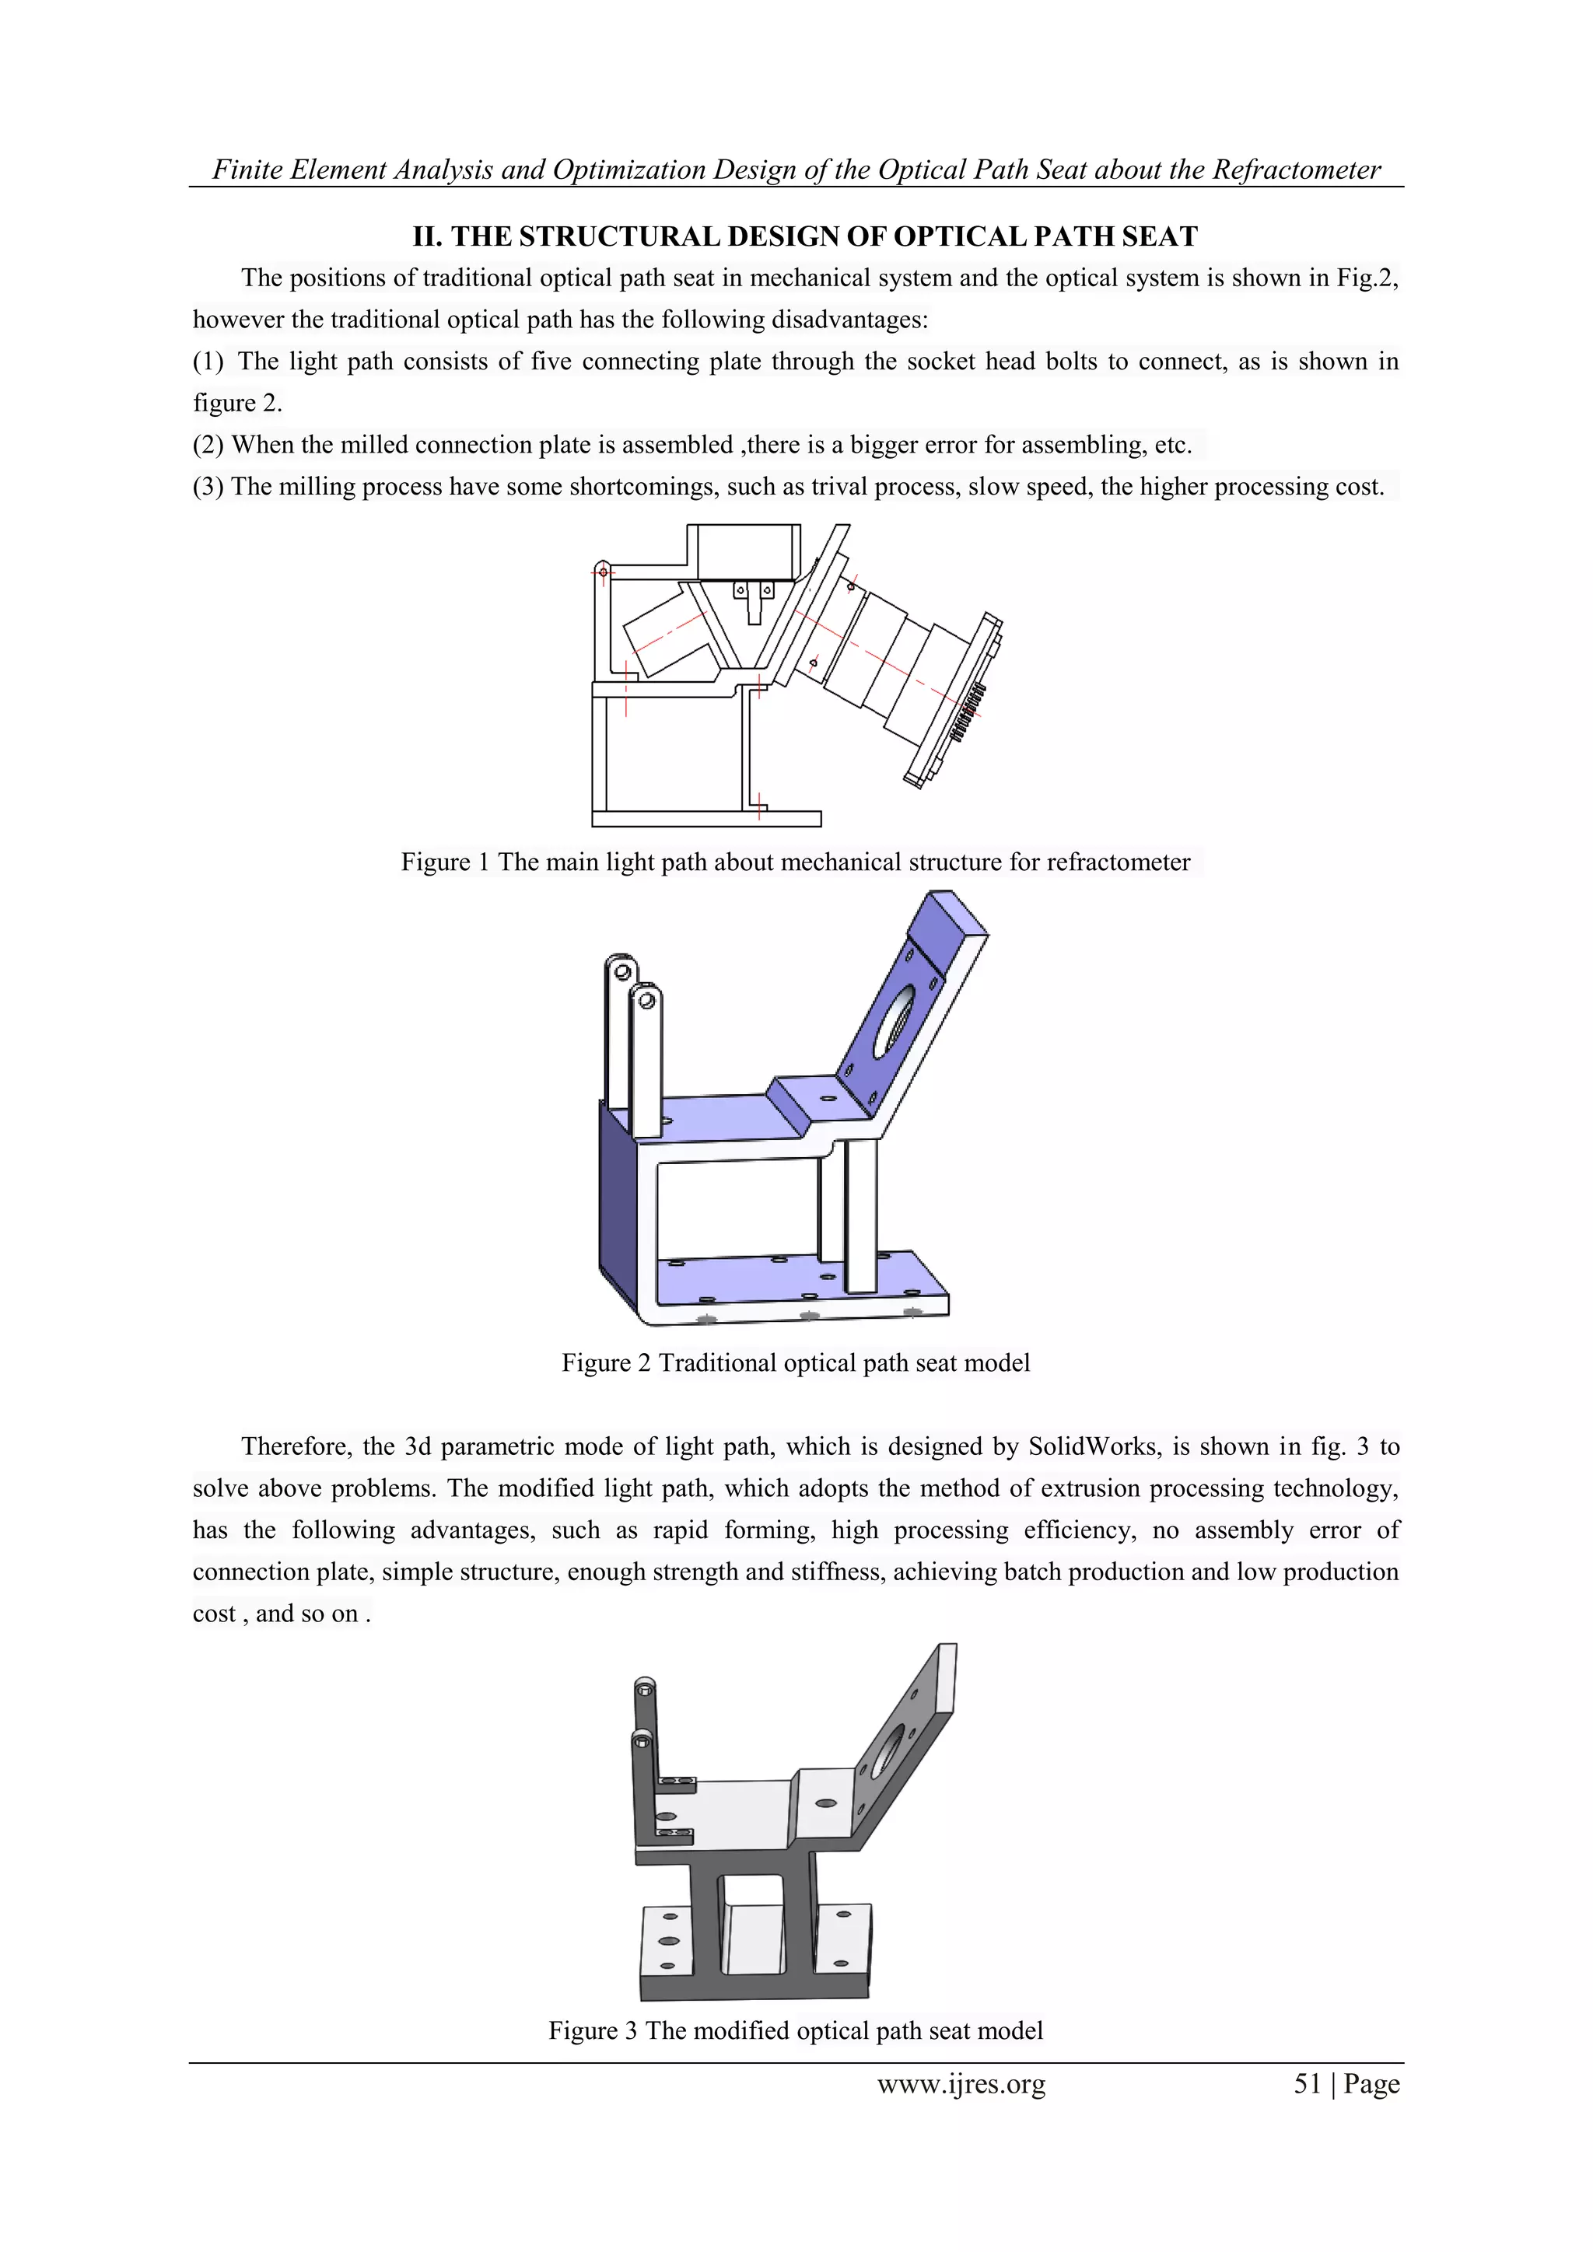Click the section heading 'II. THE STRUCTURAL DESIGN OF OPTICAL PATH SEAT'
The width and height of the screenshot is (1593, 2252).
(804, 236)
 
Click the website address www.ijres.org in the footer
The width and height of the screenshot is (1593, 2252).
(961, 2084)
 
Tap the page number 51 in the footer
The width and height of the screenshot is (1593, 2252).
(1308, 2084)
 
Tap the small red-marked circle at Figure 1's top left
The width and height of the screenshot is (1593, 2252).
(604, 571)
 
